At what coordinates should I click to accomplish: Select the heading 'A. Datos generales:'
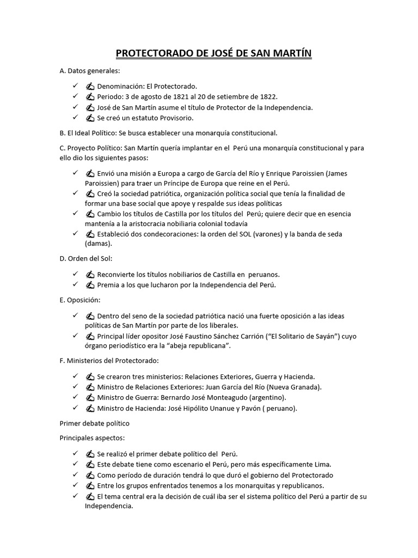click(90, 71)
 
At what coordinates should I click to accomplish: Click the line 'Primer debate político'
click(95, 422)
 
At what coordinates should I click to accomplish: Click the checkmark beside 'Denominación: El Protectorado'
click(75, 86)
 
